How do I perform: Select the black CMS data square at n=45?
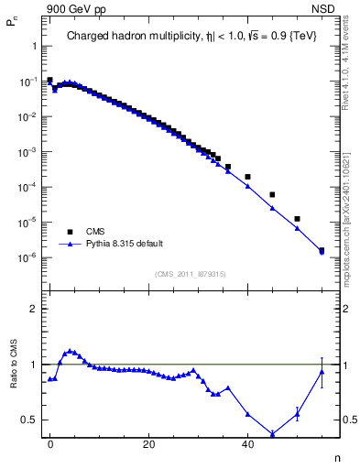click(272, 194)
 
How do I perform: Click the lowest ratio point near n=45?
click(272, 434)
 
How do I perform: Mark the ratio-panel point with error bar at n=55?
click(322, 371)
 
